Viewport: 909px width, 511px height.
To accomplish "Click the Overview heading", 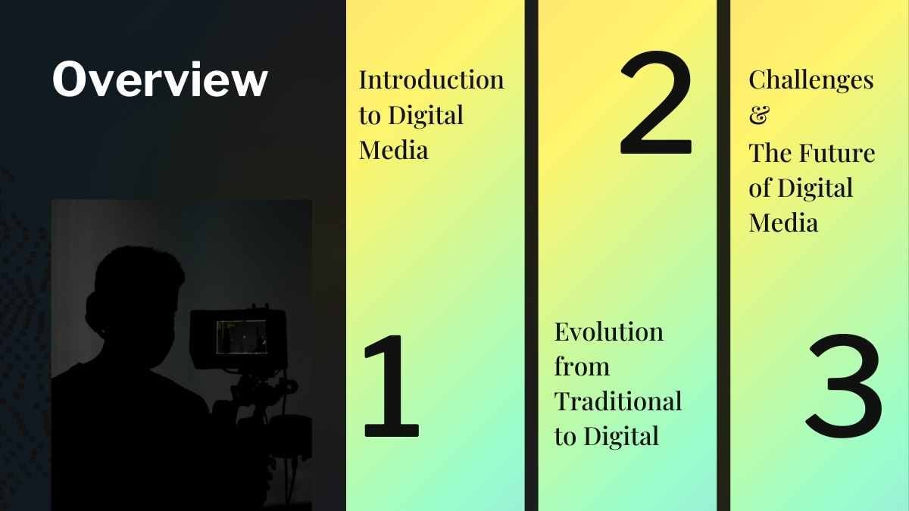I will pos(160,79).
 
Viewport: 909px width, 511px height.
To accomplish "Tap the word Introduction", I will pos(431,79).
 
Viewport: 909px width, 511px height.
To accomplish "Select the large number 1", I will pos(391,386).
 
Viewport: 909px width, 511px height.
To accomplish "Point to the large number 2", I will pos(656,104).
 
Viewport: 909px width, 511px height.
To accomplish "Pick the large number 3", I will pos(844,386).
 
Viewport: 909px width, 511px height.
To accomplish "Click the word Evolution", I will pos(608,332).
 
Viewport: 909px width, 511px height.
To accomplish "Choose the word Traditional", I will pos(617,401).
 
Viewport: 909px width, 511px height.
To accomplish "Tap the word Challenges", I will pos(811,79).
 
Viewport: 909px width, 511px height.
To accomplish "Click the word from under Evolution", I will pos(581,366).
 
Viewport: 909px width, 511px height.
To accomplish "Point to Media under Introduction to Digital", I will pos(393,149).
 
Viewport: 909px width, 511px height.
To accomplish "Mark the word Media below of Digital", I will pos(783,223).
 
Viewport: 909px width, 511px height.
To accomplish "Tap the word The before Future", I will pos(770,154).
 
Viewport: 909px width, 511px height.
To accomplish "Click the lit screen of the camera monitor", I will pos(241,337).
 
